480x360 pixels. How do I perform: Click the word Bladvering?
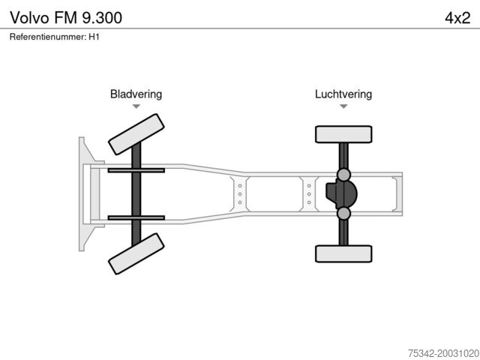136,94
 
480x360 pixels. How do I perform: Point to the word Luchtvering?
343,94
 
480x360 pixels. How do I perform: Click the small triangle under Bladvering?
136,106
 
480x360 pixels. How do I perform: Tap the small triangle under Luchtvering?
343,106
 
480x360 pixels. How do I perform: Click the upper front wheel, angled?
136,134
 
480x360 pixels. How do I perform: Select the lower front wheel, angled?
136,253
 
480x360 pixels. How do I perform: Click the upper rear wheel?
343,134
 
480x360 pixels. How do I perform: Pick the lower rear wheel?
343,253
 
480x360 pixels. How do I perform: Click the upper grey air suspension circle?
343,175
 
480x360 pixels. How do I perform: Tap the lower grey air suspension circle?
343,214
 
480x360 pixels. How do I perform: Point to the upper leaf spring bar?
136,171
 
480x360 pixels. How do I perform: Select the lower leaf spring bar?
136,217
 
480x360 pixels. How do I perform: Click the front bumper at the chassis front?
82,193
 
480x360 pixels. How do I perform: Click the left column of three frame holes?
240,193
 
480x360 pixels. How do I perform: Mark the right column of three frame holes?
309,193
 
